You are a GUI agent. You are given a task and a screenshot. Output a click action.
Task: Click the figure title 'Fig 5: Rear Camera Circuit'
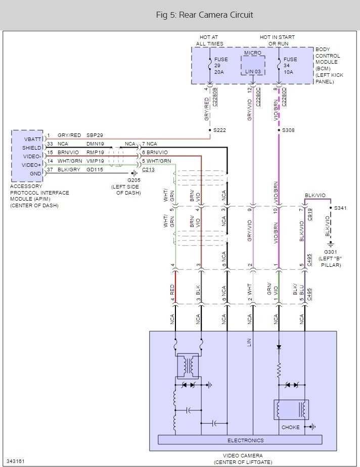click(204, 15)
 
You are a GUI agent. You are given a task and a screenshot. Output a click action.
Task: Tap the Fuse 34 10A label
click(290, 66)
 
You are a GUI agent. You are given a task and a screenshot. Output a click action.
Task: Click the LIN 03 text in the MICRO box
click(253, 72)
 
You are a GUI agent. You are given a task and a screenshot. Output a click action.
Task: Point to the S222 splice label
click(219, 130)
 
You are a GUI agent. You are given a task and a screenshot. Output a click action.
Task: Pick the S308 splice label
click(288, 130)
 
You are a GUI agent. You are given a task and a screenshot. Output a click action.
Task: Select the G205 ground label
click(134, 180)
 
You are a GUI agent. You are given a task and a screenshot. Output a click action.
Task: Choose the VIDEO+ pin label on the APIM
click(32, 165)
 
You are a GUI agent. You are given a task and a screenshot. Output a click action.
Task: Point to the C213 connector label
click(148, 170)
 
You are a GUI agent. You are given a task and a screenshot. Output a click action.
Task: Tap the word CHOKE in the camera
click(290, 428)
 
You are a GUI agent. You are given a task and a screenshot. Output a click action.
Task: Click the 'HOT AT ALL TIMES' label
click(209, 40)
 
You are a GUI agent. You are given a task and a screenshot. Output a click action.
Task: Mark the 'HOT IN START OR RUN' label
click(278, 40)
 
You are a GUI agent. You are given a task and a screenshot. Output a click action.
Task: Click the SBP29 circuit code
click(95, 135)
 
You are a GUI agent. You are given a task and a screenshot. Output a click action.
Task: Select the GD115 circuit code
click(95, 170)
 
